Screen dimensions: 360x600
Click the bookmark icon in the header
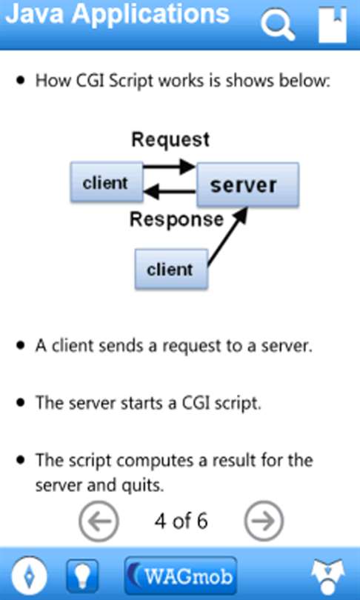(x=333, y=25)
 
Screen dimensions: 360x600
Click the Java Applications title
(x=118, y=15)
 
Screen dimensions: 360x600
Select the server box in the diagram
(x=248, y=185)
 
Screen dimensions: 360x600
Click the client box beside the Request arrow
(x=107, y=182)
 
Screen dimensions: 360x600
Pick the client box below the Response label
(x=171, y=269)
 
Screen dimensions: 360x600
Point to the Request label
(x=170, y=141)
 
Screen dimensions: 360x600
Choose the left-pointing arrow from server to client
(x=170, y=191)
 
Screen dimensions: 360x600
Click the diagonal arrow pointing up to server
(x=227, y=236)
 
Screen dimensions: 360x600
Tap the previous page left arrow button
(x=99, y=521)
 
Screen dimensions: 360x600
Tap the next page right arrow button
(x=264, y=521)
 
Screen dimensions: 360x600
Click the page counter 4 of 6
(x=181, y=521)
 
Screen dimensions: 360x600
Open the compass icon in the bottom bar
(x=30, y=575)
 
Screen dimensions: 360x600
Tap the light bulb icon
(x=82, y=576)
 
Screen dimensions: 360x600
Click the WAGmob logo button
(x=181, y=576)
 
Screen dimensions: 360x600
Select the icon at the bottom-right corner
(x=327, y=576)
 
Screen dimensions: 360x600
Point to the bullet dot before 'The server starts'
(x=21, y=402)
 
